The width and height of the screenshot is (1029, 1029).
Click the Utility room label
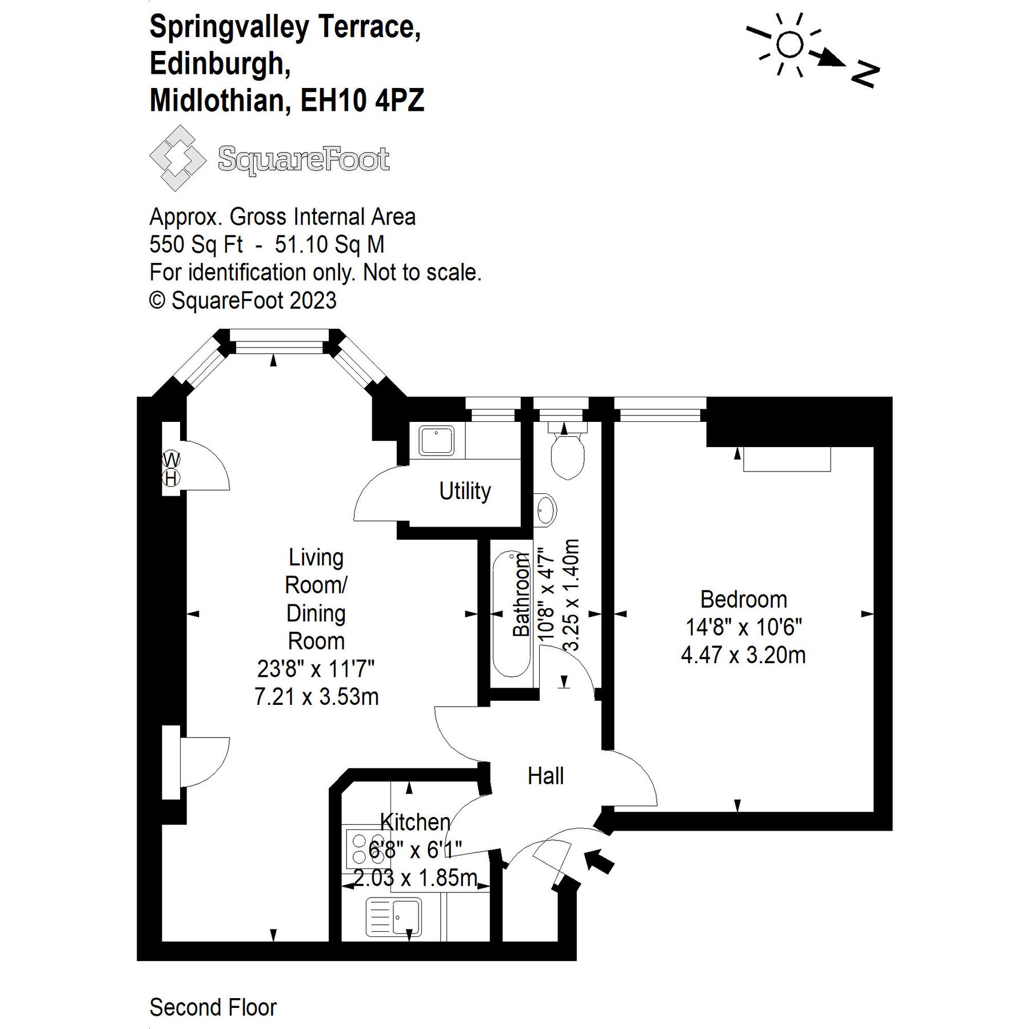coord(465,491)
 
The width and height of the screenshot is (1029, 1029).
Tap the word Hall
coord(545,776)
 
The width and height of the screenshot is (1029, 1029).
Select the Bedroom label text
coord(743,600)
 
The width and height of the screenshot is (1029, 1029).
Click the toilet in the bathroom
coord(567,454)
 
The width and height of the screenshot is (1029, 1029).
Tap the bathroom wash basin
coord(546,509)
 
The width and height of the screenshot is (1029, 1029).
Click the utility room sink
coord(436,441)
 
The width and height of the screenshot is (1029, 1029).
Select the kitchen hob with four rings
coord(360,849)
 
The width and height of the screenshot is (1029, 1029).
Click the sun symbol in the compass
coord(790,45)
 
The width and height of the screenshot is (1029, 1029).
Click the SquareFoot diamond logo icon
coord(177,158)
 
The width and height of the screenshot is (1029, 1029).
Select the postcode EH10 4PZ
coord(362,101)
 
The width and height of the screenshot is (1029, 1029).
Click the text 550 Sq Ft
coord(196,245)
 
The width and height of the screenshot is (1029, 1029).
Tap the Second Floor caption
coord(213,1007)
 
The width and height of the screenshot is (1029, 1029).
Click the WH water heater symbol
coord(171,469)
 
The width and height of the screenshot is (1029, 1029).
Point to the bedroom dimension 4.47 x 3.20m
coord(743,655)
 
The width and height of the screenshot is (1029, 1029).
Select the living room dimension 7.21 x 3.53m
coord(316,697)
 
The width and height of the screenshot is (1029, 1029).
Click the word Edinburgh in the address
coord(220,63)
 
